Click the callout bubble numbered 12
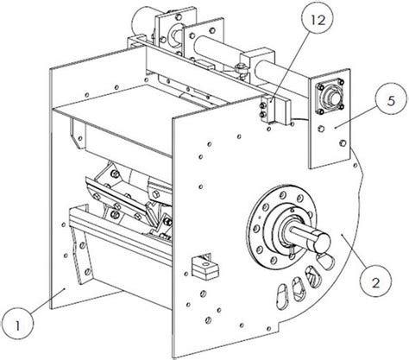tap(318, 20)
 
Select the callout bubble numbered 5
tap(391, 102)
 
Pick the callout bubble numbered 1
tap(17, 325)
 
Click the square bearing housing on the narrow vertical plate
tap(330, 97)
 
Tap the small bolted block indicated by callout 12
tap(266, 111)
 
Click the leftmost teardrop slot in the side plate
tap(284, 296)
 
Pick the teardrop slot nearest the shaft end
tap(327, 261)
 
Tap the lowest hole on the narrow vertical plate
tap(343, 142)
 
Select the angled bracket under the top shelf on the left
tap(78, 135)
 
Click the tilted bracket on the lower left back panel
tap(82, 255)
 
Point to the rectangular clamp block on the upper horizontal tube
tap(257, 65)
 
